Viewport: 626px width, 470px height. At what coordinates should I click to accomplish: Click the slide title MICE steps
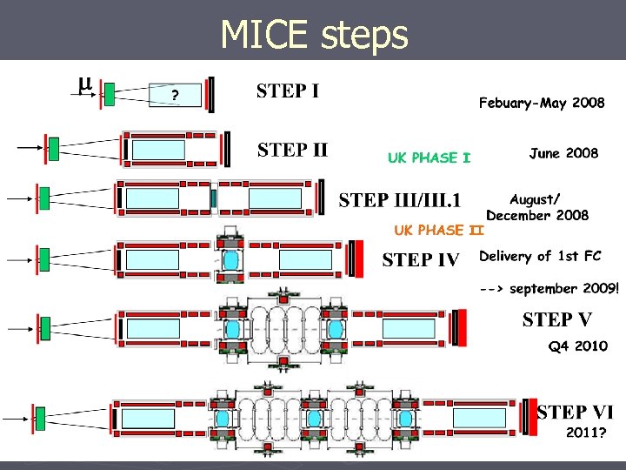coord(314,35)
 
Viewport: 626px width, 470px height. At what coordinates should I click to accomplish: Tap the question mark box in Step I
coord(176,96)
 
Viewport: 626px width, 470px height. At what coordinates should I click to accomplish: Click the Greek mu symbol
coord(84,84)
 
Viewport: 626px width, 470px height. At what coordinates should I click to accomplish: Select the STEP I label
coord(288,91)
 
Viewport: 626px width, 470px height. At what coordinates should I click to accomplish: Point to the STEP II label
coord(292,150)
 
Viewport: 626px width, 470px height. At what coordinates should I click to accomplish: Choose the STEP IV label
coord(421,259)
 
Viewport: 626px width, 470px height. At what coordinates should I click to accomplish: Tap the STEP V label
coord(558,319)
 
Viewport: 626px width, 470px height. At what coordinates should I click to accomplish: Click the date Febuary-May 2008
coord(542,104)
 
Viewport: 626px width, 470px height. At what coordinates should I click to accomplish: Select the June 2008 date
coord(563,153)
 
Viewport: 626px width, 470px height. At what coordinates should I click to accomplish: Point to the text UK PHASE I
coord(429,158)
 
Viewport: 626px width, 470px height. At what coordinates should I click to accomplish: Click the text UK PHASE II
coord(438,231)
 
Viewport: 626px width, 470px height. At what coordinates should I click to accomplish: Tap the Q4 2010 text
coord(577,346)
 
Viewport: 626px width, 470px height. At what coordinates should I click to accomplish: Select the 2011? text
coord(586,432)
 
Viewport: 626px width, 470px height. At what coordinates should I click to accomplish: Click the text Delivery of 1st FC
coord(539,256)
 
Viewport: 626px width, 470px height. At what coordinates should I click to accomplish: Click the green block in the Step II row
coord(53,149)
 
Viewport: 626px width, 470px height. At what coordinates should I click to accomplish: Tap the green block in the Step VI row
coord(40,418)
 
